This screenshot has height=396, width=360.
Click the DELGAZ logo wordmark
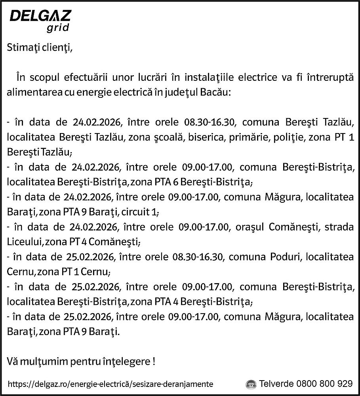pyautogui.click(x=40, y=16)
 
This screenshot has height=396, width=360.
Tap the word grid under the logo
pyautogui.click(x=58, y=28)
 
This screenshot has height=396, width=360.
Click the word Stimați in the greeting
pyautogui.click(x=23, y=49)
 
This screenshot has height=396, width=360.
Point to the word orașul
pyautogui.click(x=250, y=227)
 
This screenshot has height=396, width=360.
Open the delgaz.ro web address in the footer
pyautogui.click(x=110, y=384)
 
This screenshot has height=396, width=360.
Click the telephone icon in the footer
pyautogui.click(x=251, y=384)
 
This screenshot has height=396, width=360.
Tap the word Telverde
pyautogui.click(x=276, y=384)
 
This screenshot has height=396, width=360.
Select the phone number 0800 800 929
pyautogui.click(x=324, y=384)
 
